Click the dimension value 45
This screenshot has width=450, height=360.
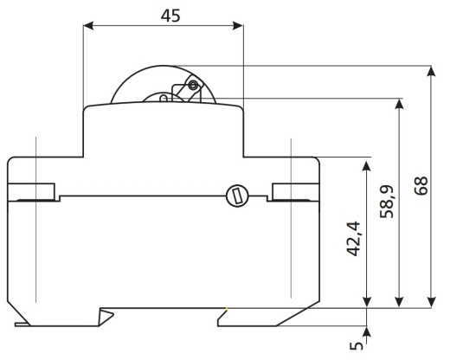pos(170,16)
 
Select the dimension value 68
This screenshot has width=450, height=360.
pos(421,186)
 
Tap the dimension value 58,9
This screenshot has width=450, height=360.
pos(387,202)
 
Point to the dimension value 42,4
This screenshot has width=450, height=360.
pos(354,239)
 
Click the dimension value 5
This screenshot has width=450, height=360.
pos(357,346)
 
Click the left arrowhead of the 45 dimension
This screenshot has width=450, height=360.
pos(88,26)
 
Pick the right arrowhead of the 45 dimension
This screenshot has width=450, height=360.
pos(238,26)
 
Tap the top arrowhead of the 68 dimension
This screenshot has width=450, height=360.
pos(431,71)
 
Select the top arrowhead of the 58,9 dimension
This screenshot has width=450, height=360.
pos(399,104)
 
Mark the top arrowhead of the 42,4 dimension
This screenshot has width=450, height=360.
pos(367,166)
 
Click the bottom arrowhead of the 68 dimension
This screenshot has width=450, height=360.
pos(431,302)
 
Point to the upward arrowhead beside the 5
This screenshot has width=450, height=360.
pos(367,332)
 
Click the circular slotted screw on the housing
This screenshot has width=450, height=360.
pos(237,196)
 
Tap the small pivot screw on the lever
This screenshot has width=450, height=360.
pos(193,85)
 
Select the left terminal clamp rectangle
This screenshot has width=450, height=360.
pos(31,191)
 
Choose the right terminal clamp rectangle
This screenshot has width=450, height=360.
pos(296,191)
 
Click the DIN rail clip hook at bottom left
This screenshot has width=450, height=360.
pos(106,317)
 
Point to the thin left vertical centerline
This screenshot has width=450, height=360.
pos(35,220)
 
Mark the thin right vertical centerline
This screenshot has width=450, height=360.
pos(291,218)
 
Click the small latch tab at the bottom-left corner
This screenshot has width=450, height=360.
pos(22,325)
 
